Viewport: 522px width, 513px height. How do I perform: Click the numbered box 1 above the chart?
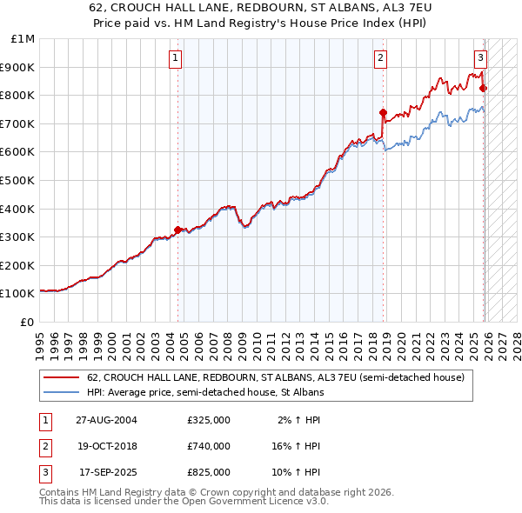(176, 58)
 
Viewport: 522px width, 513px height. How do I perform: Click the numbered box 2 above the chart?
(380, 58)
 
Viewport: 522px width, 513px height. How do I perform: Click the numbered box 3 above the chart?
(479, 58)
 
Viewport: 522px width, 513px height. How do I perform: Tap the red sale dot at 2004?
(178, 230)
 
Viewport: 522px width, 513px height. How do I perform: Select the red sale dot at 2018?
(383, 112)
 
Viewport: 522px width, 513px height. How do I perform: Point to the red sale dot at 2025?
(483, 88)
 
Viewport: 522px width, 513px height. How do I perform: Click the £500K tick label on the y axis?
(17, 180)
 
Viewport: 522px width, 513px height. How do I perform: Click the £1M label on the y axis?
(23, 38)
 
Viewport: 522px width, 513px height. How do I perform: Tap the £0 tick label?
(27, 322)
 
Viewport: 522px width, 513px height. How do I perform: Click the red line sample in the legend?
(61, 378)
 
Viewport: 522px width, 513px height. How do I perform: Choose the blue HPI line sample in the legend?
(61, 393)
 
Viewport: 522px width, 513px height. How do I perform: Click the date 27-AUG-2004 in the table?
(106, 420)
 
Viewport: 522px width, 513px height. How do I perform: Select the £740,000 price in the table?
(208, 446)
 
